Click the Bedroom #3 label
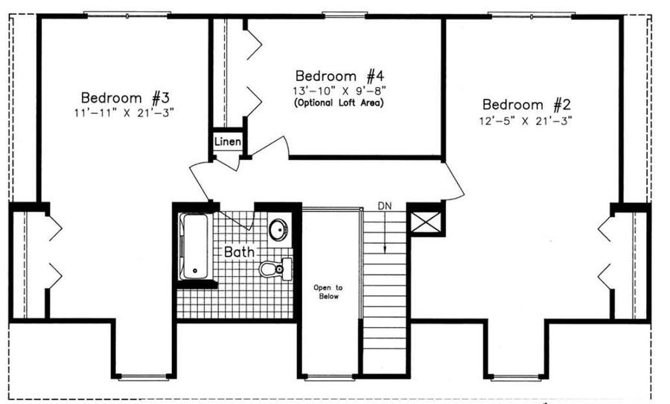click(x=127, y=97)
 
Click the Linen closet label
click(x=227, y=141)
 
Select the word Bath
click(x=239, y=251)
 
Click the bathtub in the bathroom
click(x=193, y=247)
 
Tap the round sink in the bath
click(x=279, y=229)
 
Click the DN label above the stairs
click(x=384, y=205)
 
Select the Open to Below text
click(x=326, y=291)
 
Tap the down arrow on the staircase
click(x=384, y=238)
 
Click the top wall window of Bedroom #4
click(x=345, y=14)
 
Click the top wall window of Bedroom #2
click(x=531, y=14)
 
